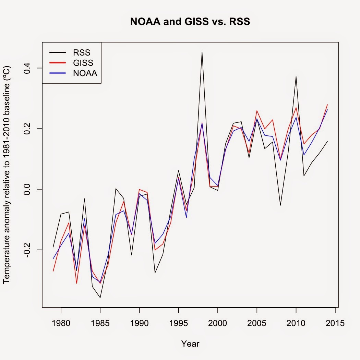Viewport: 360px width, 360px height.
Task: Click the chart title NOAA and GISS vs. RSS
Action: (x=190, y=22)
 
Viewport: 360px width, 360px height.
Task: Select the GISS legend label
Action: (x=83, y=63)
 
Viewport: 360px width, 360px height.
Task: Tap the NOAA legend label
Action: (x=85, y=73)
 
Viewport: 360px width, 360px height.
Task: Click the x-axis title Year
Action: (x=190, y=344)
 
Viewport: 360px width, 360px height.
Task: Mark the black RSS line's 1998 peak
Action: (x=202, y=52)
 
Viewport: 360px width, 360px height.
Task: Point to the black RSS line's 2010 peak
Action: (x=296, y=76)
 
